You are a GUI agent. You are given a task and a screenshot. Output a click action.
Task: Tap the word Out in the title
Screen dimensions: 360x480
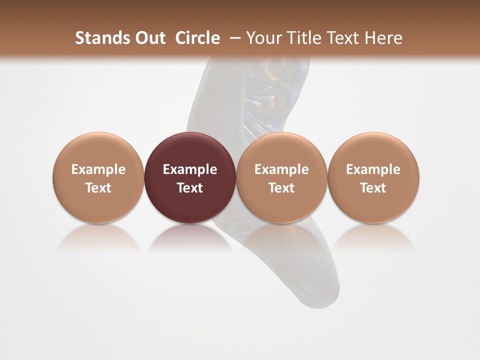tap(149, 38)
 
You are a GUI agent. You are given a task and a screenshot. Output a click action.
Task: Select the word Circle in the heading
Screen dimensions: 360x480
tap(197, 38)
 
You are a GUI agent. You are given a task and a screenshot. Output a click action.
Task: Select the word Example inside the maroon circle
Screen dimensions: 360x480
tap(190, 169)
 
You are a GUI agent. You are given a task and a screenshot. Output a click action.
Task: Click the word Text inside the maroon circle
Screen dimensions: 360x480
tap(190, 188)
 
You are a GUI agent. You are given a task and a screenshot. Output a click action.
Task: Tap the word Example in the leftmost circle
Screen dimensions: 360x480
tap(98, 169)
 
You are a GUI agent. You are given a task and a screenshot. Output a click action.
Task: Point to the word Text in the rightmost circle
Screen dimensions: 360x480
tap(373, 188)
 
